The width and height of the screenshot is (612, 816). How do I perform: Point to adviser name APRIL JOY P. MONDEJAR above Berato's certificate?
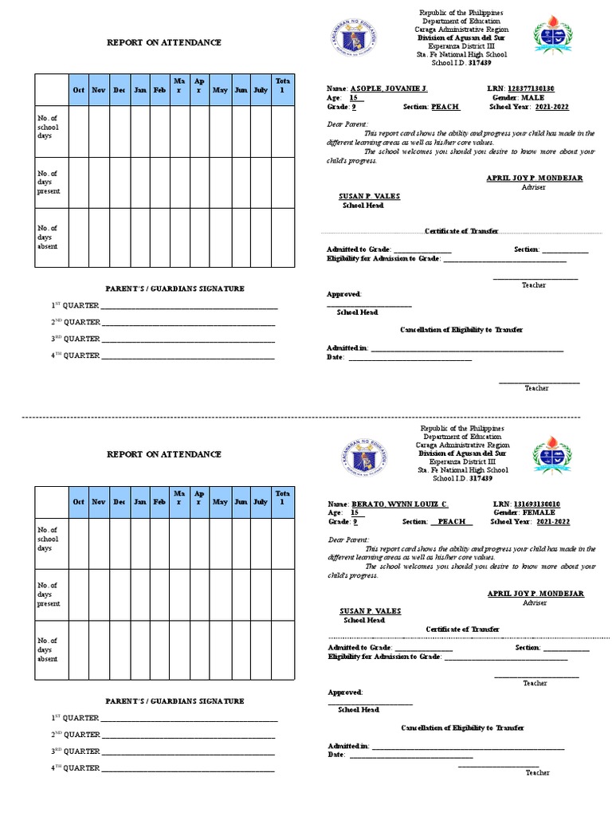tap(535, 594)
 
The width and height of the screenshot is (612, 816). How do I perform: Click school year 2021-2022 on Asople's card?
tap(553, 105)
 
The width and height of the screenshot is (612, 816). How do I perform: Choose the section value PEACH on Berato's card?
tap(452, 522)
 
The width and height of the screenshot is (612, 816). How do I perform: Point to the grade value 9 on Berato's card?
tap(355, 522)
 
